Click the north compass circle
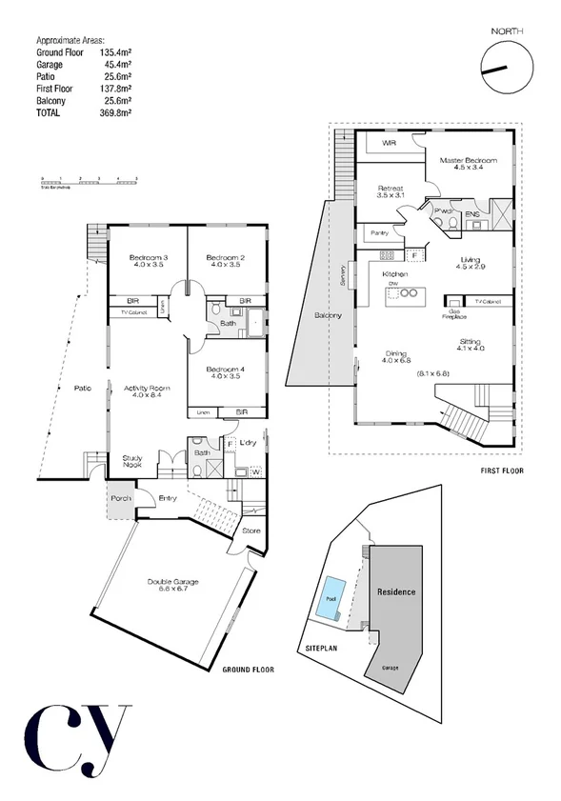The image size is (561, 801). coord(504,70)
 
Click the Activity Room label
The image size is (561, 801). coord(146,392)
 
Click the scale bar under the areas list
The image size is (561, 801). coord(90,178)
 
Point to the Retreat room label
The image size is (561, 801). coord(391,191)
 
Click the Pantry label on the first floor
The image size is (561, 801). coord(377,231)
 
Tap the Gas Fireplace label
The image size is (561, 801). coord(456,314)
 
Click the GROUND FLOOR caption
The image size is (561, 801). coord(248,670)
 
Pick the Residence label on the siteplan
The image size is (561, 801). coord(395,591)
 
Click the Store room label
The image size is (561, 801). coord(251,531)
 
